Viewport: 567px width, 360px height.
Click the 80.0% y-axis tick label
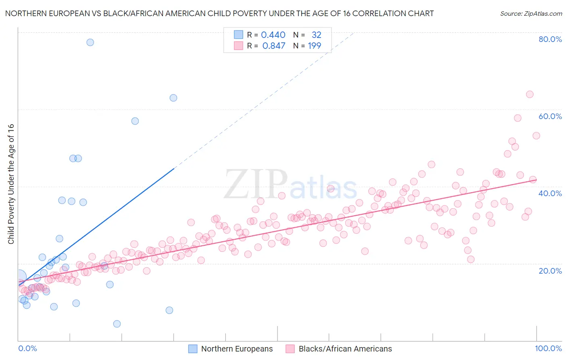coord(550,39)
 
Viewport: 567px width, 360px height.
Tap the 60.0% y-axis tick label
coord(550,116)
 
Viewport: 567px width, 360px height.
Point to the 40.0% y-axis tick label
coord(550,193)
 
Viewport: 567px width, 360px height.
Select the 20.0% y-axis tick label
coord(550,270)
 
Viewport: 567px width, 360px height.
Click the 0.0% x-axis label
coord(27,348)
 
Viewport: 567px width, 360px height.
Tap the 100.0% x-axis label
coord(548,348)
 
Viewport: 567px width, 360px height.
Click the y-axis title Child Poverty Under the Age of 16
coord(11,184)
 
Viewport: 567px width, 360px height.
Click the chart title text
coord(219,13)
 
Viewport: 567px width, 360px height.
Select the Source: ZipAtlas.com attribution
coord(531,13)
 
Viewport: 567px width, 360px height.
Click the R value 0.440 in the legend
coord(273,35)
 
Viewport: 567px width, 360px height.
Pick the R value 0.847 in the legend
coord(274,46)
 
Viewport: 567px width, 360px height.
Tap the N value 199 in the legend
coord(315,46)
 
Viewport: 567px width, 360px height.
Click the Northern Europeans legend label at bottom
coord(237,349)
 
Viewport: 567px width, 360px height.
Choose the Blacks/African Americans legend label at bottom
coord(345,349)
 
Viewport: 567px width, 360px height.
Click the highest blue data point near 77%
coord(90,42)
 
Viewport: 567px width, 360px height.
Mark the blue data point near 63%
coord(173,98)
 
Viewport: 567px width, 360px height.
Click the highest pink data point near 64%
coord(529,94)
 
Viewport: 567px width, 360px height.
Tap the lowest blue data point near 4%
coord(117,324)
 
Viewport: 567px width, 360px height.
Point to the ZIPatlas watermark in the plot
coord(290,185)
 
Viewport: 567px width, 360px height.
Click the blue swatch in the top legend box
coord(239,35)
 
